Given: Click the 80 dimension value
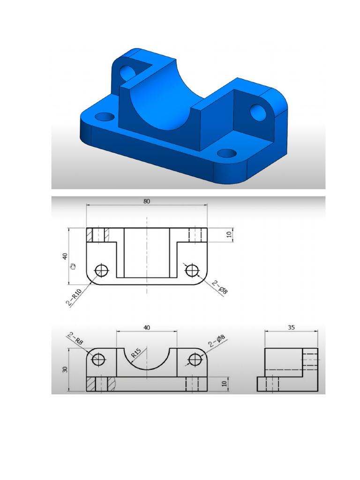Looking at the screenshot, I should [x=147, y=202].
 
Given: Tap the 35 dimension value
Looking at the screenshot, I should [x=291, y=328].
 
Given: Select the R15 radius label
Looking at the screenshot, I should [x=136, y=352].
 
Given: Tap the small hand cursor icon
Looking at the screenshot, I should [x=72, y=266].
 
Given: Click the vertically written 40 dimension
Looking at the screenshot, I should [x=65, y=256].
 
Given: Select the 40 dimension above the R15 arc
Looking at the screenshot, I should [x=147, y=328].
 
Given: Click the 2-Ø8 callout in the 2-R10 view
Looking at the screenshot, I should [x=219, y=287].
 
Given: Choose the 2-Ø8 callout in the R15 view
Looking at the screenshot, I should [x=217, y=343].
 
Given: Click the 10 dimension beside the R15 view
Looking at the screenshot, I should [x=224, y=383].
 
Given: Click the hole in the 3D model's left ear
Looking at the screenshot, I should [x=127, y=72].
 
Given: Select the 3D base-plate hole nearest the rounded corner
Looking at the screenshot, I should [x=227, y=153].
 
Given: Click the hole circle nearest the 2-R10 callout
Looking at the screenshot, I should [x=101, y=270].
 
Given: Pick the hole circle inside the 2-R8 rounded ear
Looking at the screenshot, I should [x=98, y=360].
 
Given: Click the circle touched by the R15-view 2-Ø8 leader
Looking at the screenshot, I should [x=195, y=360].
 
